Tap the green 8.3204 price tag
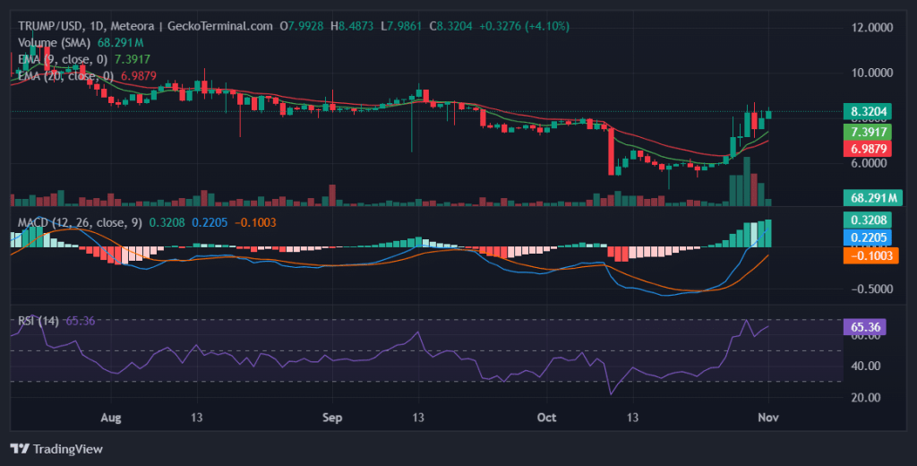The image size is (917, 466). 868,113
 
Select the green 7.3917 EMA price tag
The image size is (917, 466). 868,131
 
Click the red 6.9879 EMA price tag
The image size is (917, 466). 868,148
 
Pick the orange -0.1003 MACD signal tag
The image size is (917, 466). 868,255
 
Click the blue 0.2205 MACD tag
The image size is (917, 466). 868,237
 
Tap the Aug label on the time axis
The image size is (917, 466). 110,418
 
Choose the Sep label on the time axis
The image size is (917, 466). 332,418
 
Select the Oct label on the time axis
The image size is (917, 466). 547,418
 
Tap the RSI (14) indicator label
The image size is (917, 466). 39,320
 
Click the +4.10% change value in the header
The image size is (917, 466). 545,26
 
